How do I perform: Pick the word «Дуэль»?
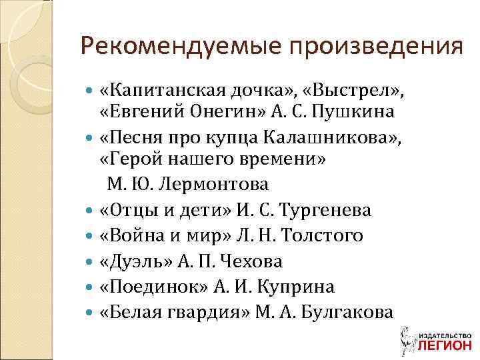click(x=136, y=261)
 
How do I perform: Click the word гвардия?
click(x=205, y=312)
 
